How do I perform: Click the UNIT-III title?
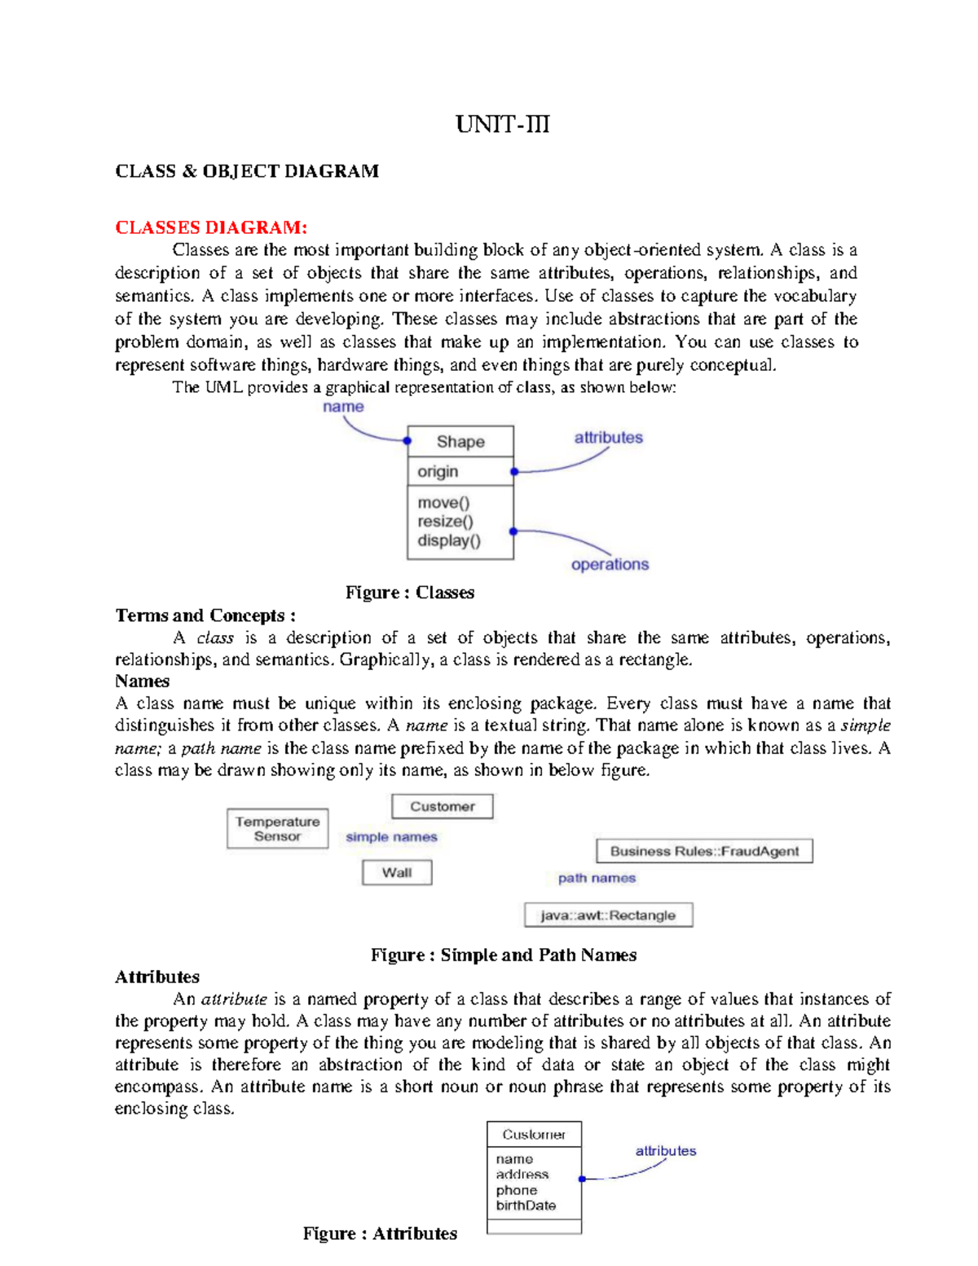(502, 125)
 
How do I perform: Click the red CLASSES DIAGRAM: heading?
(211, 227)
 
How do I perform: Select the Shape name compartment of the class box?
(460, 442)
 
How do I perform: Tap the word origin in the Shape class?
(438, 471)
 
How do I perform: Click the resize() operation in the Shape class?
(445, 522)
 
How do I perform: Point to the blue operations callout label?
(610, 564)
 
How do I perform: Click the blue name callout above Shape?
(343, 407)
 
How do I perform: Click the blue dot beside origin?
(514, 472)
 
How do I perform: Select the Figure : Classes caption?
(409, 593)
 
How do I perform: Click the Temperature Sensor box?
(277, 829)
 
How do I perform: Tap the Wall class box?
(397, 873)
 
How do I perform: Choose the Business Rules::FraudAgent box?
(704, 851)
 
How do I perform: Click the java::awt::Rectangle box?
(608, 915)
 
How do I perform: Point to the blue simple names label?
(391, 837)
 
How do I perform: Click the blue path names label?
(597, 878)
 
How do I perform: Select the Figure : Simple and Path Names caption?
(503, 955)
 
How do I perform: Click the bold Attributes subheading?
(157, 977)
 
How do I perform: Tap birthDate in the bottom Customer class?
(526, 1206)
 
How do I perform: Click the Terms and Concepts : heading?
(205, 615)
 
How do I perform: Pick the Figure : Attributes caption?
(380, 1233)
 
